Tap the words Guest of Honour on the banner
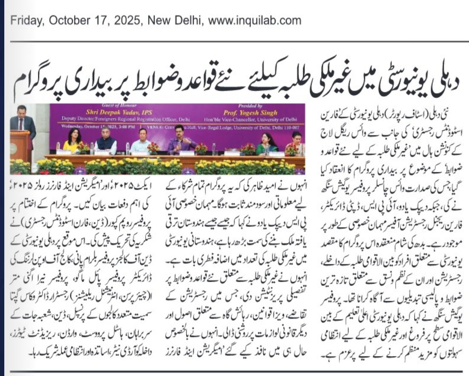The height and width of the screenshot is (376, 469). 105,106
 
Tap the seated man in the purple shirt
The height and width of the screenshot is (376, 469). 181,141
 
